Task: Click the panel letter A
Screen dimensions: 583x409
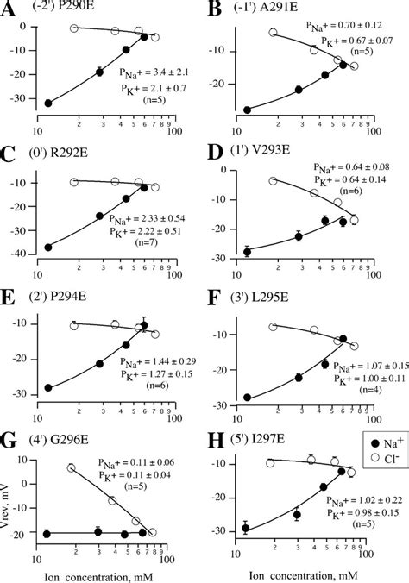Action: [x=11, y=12]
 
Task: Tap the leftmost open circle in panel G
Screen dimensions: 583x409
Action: [x=72, y=467]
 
